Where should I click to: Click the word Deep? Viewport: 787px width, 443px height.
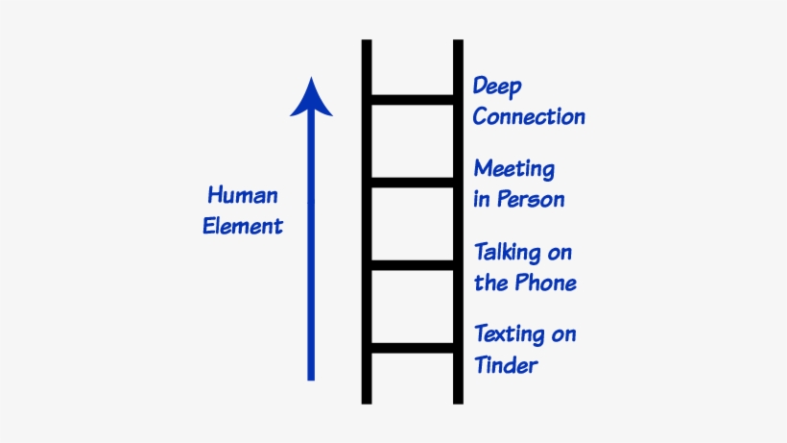point(497,87)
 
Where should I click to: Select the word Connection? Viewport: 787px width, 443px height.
point(529,117)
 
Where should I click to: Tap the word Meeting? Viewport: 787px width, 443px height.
point(514,170)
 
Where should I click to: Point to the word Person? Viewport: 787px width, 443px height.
point(531,200)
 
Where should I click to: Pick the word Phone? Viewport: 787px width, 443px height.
point(543,283)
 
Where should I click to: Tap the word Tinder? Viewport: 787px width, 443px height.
point(506,365)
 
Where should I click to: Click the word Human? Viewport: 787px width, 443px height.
point(243,196)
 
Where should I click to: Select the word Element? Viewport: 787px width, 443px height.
point(245,227)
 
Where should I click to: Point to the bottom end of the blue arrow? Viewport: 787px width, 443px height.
point(311,378)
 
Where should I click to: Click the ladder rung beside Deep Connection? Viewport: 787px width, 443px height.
point(413,99)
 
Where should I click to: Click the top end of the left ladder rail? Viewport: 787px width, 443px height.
point(367,43)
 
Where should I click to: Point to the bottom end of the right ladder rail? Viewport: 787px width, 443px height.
point(458,400)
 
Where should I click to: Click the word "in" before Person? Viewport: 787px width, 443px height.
point(482,200)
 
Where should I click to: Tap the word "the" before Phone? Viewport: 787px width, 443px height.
point(490,283)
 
